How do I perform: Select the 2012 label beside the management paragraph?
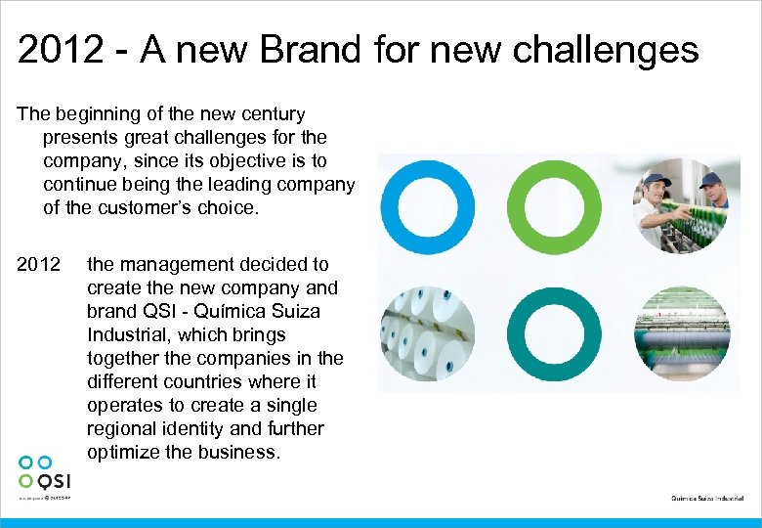tap(38, 264)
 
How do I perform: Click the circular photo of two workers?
tap(681, 206)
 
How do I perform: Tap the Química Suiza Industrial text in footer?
tap(708, 499)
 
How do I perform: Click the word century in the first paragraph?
tap(274, 114)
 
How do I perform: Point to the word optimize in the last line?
tap(124, 452)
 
